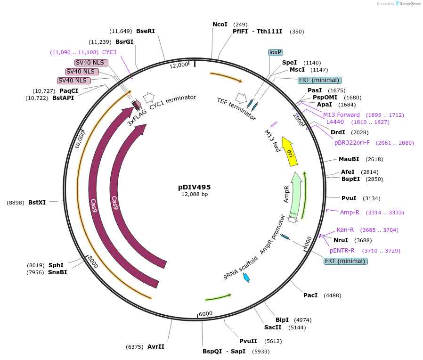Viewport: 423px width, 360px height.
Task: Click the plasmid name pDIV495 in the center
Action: click(194, 187)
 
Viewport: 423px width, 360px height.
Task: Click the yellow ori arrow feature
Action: click(289, 151)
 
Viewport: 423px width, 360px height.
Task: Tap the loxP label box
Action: click(276, 52)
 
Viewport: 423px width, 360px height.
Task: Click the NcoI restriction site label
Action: click(220, 24)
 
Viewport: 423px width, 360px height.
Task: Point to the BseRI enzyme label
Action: click(145, 31)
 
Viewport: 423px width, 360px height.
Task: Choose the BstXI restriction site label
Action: click(37, 202)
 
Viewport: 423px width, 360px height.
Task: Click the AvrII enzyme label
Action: click(156, 346)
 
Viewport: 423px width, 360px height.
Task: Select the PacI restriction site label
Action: click(310, 295)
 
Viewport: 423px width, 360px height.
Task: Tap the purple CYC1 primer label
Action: click(109, 52)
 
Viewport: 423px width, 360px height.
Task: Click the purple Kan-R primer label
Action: click(345, 230)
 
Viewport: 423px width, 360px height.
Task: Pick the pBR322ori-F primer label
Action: click(352, 142)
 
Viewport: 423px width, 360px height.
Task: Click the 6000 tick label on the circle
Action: click(206, 314)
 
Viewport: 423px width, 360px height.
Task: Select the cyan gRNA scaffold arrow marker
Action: click(246, 278)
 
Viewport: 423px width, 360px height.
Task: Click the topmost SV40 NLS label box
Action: click(91, 63)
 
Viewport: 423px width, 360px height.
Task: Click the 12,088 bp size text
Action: click(194, 194)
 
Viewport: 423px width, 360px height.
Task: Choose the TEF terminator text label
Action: click(236, 108)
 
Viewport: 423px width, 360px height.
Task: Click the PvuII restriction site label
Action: click(248, 341)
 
